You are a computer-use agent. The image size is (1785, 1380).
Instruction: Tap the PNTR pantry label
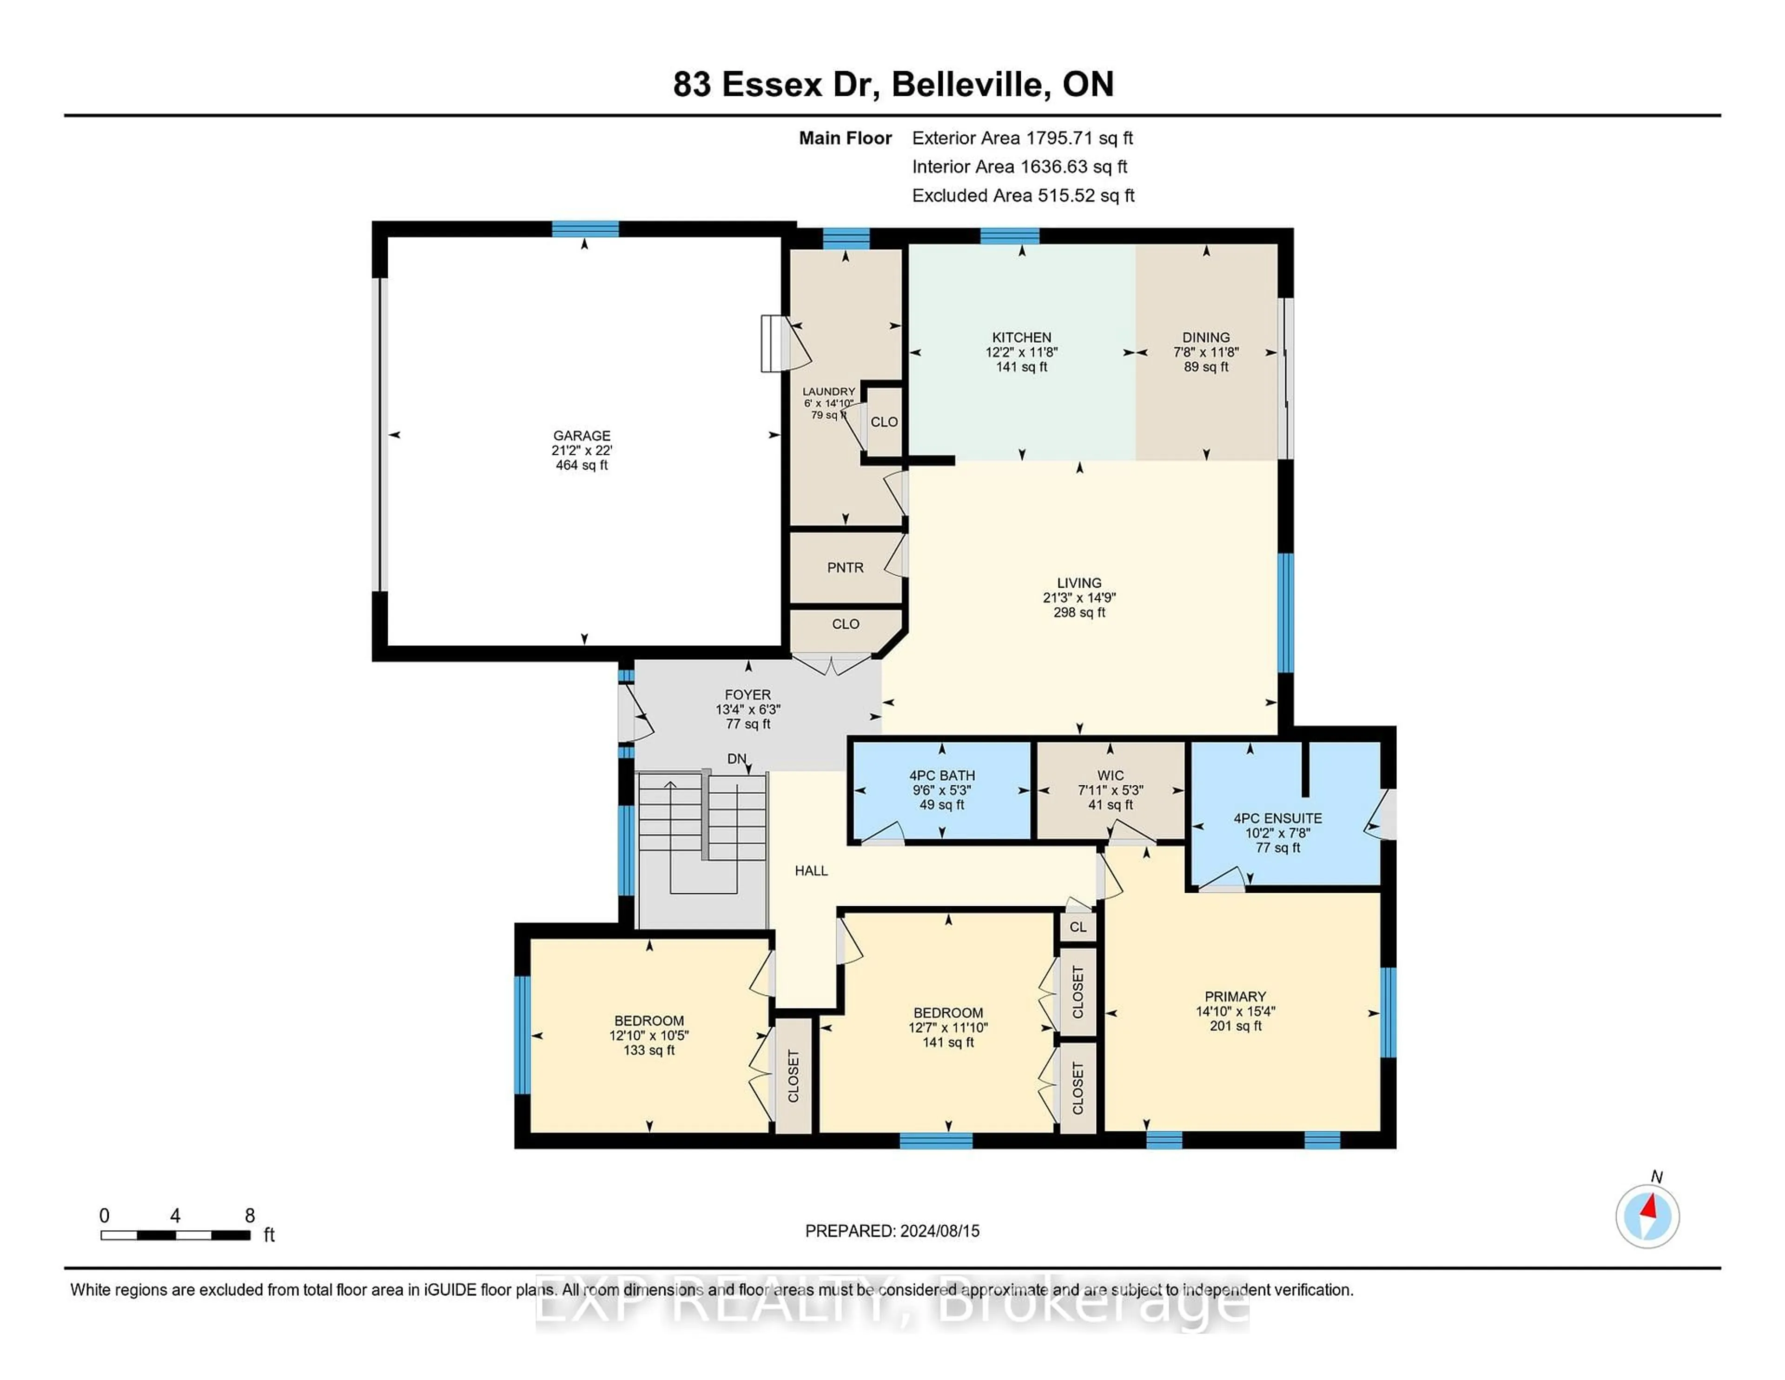pyautogui.click(x=845, y=567)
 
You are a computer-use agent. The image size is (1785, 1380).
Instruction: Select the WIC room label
pyautogui.click(x=1110, y=775)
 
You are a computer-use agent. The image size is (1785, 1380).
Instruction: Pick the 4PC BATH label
pyautogui.click(x=941, y=775)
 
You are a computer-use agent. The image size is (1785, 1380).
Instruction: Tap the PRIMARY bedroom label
pyautogui.click(x=1235, y=996)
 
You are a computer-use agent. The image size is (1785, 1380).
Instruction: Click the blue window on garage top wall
pyautogui.click(x=584, y=229)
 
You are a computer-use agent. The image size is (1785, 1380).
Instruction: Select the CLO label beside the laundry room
pyautogui.click(x=884, y=422)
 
